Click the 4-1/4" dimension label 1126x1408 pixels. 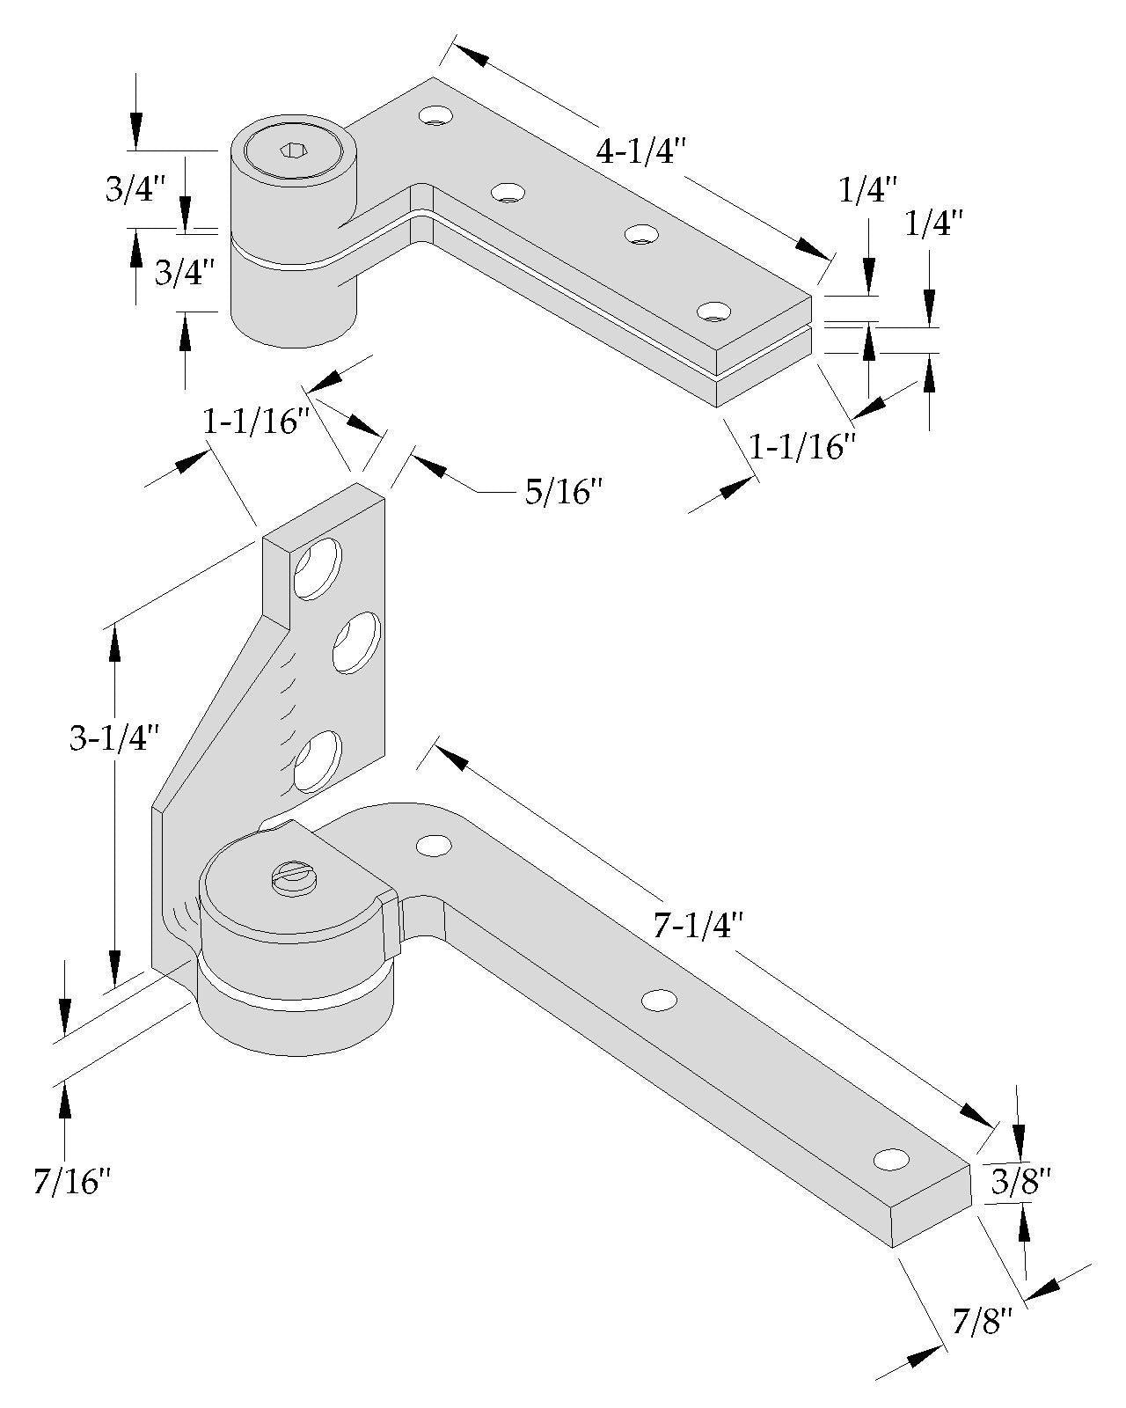pos(640,152)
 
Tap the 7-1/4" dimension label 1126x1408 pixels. pos(699,925)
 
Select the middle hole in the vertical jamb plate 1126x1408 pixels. pos(355,643)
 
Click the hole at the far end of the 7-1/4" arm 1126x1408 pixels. pos(891,1159)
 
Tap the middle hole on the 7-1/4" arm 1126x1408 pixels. pos(660,1001)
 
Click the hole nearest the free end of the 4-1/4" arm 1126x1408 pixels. pos(713,312)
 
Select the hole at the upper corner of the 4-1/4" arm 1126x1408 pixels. pos(435,114)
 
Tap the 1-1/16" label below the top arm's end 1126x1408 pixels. pos(801,448)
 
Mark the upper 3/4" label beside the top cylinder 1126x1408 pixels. pos(135,190)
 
